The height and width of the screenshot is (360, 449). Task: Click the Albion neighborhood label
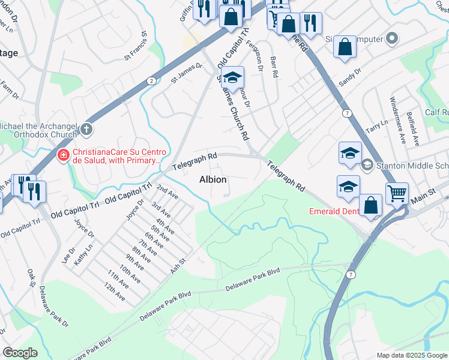point(212,179)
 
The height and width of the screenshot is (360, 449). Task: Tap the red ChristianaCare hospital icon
point(62,155)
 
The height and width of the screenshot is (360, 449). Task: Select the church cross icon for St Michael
point(87,128)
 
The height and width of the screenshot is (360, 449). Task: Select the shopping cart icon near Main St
point(397,193)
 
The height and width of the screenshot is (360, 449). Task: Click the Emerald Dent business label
point(333,211)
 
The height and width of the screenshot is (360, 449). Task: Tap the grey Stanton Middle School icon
point(367,164)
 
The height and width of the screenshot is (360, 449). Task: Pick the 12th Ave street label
point(114,292)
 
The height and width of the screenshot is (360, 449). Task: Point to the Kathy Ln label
point(84,254)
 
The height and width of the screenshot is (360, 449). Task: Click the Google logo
point(20,353)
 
